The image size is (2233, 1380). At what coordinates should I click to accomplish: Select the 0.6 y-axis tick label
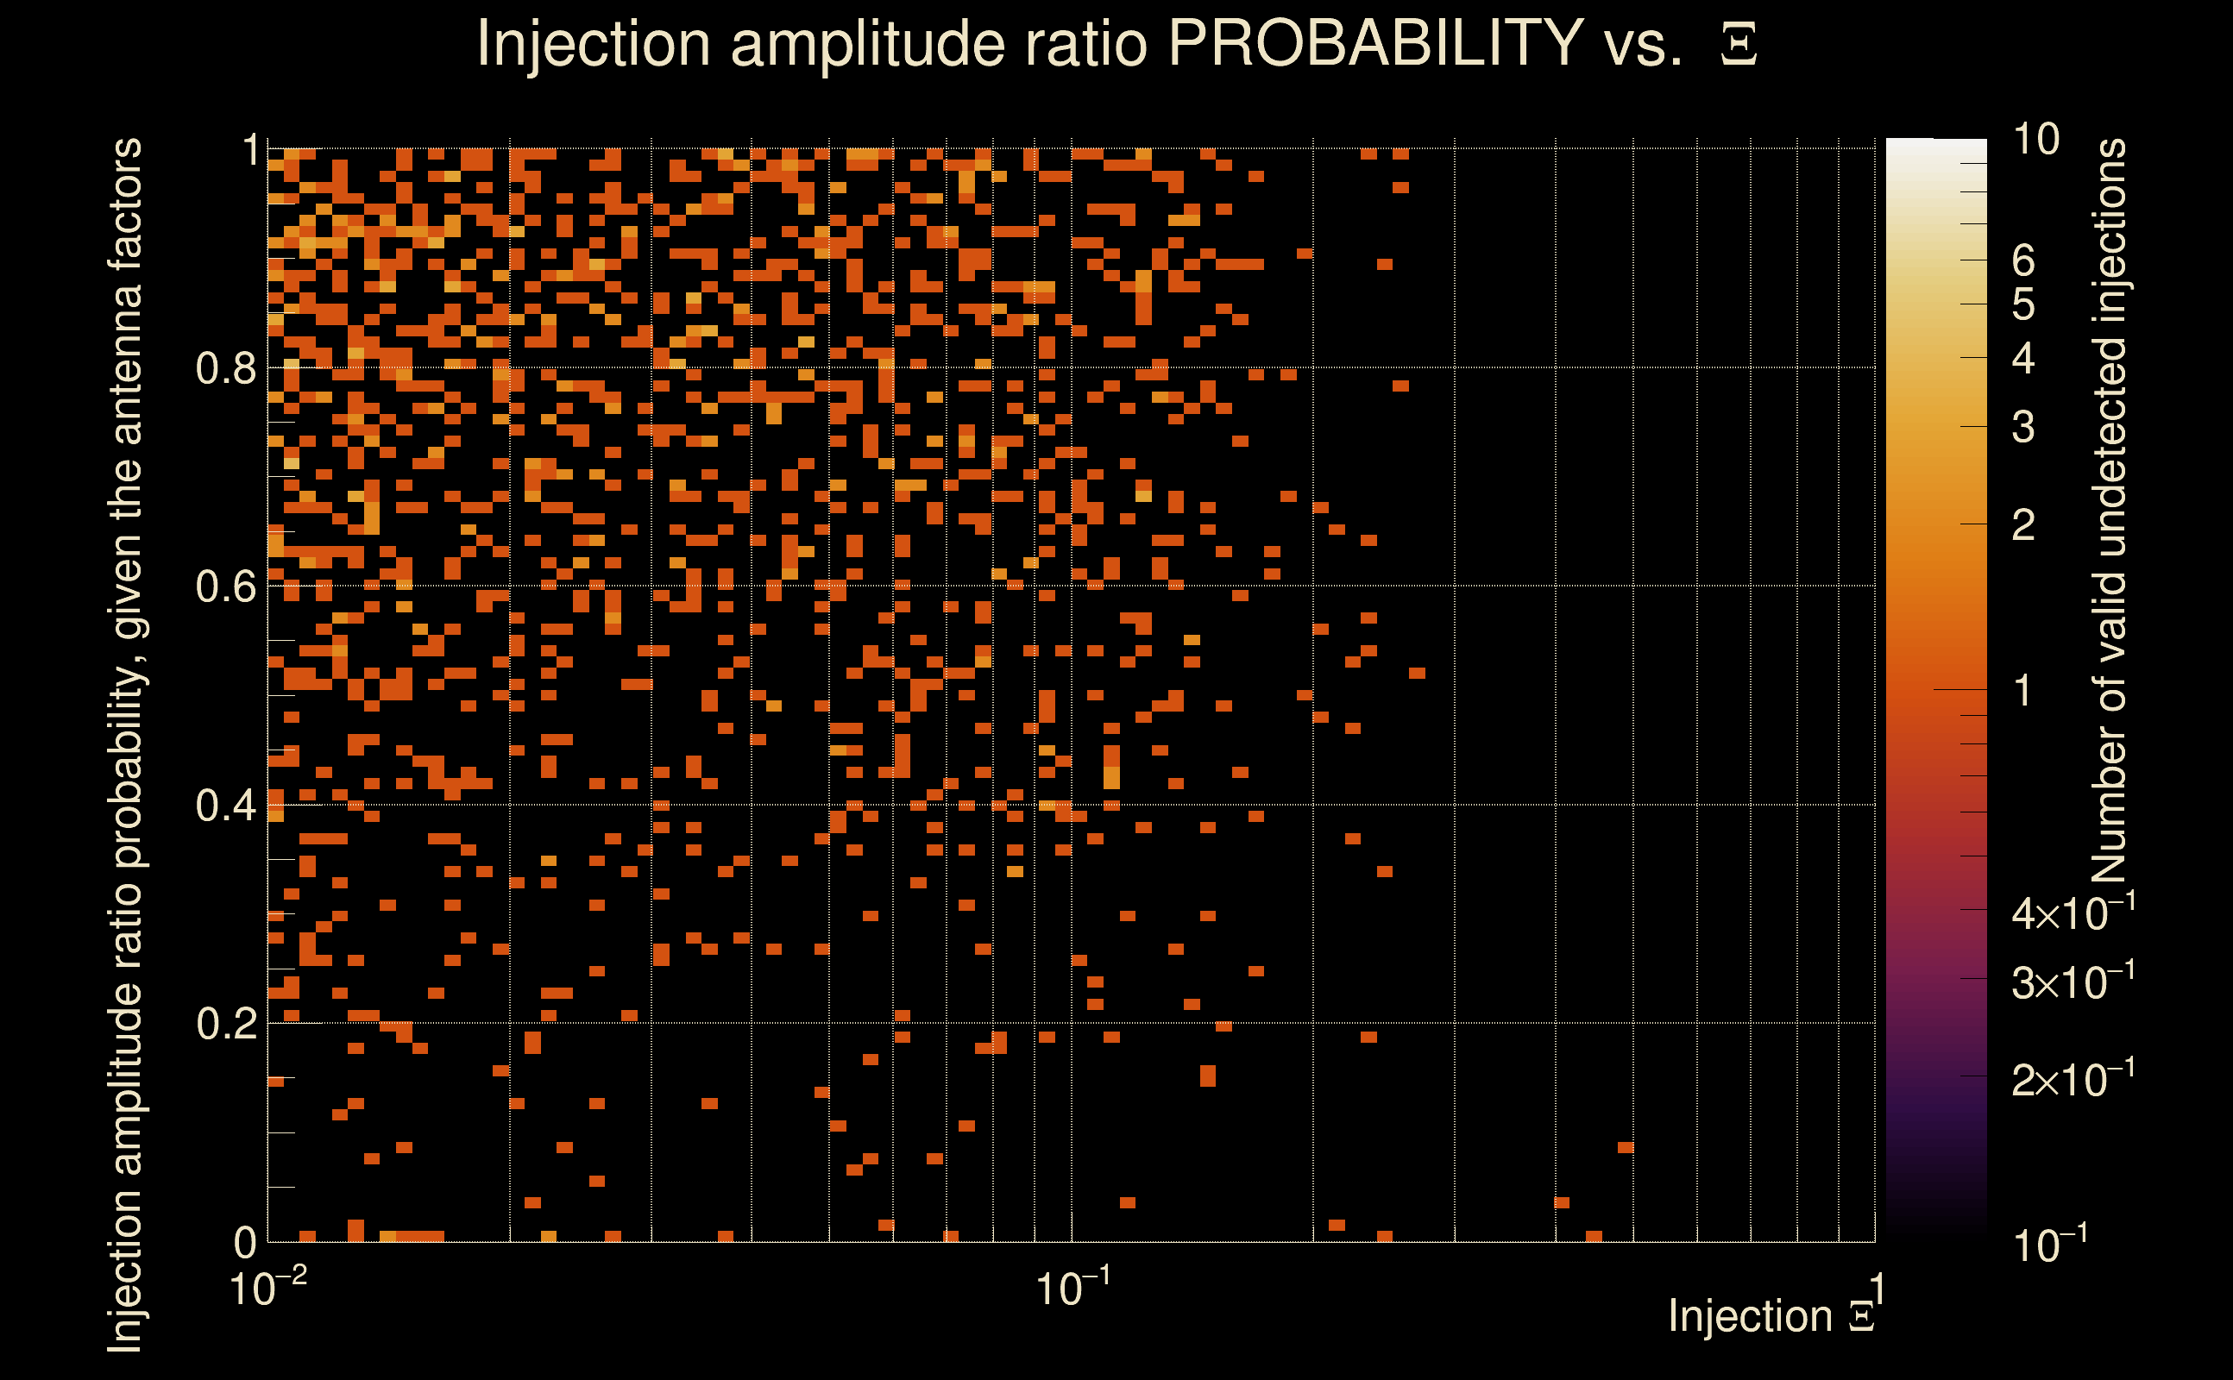click(x=225, y=586)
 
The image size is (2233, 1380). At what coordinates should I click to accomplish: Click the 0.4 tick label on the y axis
click(x=225, y=806)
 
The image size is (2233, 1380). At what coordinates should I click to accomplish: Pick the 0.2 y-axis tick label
click(x=225, y=1024)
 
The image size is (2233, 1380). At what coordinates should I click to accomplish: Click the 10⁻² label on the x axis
click(x=267, y=1289)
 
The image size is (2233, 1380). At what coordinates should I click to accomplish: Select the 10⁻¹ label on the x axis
click(x=1072, y=1289)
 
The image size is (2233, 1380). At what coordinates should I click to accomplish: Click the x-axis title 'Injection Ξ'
click(x=1771, y=1316)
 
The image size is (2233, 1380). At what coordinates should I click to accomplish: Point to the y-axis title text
click(x=125, y=743)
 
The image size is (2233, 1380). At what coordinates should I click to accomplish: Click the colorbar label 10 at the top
click(x=2035, y=140)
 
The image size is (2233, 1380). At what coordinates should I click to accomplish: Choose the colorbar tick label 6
click(x=2023, y=261)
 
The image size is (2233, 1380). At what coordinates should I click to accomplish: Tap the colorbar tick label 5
click(x=2023, y=304)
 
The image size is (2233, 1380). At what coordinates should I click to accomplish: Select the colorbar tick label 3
click(x=2023, y=427)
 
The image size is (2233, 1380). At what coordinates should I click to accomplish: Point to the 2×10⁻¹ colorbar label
click(x=2073, y=1080)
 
